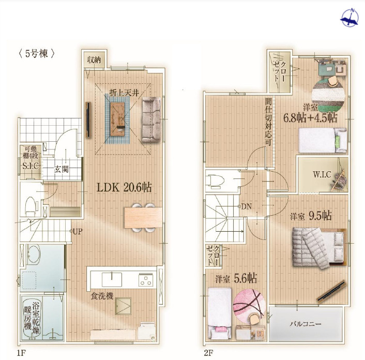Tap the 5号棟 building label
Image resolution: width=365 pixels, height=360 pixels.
pyautogui.click(x=37, y=54)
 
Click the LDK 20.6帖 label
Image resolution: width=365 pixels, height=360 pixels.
pyautogui.click(x=124, y=187)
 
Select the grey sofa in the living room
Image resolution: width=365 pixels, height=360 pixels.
pyautogui.click(x=151, y=119)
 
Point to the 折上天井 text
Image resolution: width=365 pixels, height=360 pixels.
pyautogui.click(x=124, y=93)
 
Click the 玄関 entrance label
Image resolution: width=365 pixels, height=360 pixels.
pyautogui.click(x=61, y=169)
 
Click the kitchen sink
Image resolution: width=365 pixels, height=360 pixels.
pyautogui.click(x=112, y=279)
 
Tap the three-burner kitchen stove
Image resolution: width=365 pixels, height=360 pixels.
pyautogui.click(x=146, y=280)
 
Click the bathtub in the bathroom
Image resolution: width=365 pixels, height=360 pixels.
pyautogui.click(x=32, y=317)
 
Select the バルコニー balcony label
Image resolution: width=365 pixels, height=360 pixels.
pyautogui.click(x=306, y=324)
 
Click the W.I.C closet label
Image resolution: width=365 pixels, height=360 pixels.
pyautogui.click(x=322, y=174)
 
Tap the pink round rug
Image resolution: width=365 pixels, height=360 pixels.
pyautogui.click(x=249, y=306)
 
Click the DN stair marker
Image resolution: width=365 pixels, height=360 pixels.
pyautogui.click(x=245, y=206)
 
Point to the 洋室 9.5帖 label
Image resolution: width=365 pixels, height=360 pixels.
pyautogui.click(x=311, y=216)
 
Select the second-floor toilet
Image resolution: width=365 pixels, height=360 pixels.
pyautogui.click(x=215, y=181)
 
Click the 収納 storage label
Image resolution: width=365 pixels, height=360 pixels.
pyautogui.click(x=94, y=60)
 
